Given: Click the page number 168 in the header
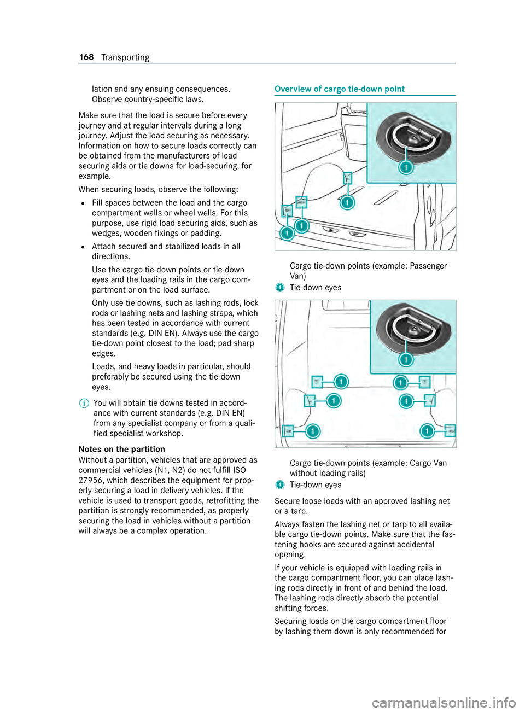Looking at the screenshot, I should (x=86, y=57).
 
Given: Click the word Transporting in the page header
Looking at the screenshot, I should (x=125, y=57).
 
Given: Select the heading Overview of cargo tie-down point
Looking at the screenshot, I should (x=340, y=89).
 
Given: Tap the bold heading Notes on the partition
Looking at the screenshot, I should (x=122, y=450).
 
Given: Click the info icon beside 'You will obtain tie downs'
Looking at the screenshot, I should (x=84, y=403).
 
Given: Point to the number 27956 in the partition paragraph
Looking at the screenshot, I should (x=90, y=481).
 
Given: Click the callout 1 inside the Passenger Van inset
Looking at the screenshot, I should (x=406, y=167).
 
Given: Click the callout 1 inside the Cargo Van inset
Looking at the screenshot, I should (x=406, y=359).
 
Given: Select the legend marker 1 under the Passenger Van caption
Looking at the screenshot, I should (x=280, y=288).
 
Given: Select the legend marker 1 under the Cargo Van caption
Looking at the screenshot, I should (x=280, y=485).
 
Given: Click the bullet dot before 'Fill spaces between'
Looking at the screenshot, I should (x=81, y=203).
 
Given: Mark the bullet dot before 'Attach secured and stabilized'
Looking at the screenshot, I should (x=81, y=247).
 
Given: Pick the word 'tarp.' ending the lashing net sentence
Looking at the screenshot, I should (x=299, y=511).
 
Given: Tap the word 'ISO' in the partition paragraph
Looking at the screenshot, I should (x=239, y=470).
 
